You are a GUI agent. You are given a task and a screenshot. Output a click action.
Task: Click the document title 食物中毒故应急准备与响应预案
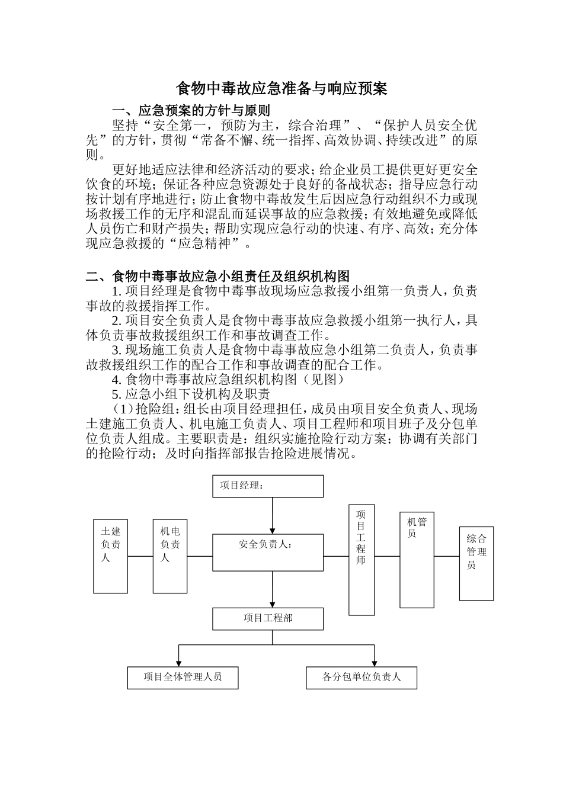coord(281,89)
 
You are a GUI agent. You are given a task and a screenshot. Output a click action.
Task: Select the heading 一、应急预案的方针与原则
coord(191,111)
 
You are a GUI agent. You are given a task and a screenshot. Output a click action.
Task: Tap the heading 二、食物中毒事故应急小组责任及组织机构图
coord(218,276)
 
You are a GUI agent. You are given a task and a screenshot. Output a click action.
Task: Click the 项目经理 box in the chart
coord(268,486)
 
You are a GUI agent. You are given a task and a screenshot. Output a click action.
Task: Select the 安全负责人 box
coord(268,552)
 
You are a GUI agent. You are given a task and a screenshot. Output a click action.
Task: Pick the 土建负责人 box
coord(110,556)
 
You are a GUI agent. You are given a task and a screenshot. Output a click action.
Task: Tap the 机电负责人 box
coord(170,556)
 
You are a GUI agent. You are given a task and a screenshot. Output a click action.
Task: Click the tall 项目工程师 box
coord(362,560)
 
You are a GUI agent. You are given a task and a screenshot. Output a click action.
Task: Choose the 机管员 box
coord(417,560)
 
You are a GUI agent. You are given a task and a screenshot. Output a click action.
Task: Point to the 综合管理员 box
coord(476,563)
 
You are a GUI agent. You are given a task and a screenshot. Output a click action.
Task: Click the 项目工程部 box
coord(268,618)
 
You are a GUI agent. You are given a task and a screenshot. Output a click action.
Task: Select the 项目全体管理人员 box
coord(183,677)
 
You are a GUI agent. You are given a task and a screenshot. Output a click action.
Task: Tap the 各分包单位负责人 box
coord(362,677)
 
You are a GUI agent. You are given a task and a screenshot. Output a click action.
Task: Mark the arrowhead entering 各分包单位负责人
coord(375,662)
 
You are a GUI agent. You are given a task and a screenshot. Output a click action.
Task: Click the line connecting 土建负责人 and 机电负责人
coord(140,556)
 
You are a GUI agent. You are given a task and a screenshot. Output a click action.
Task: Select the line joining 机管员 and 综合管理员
coord(447,556)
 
